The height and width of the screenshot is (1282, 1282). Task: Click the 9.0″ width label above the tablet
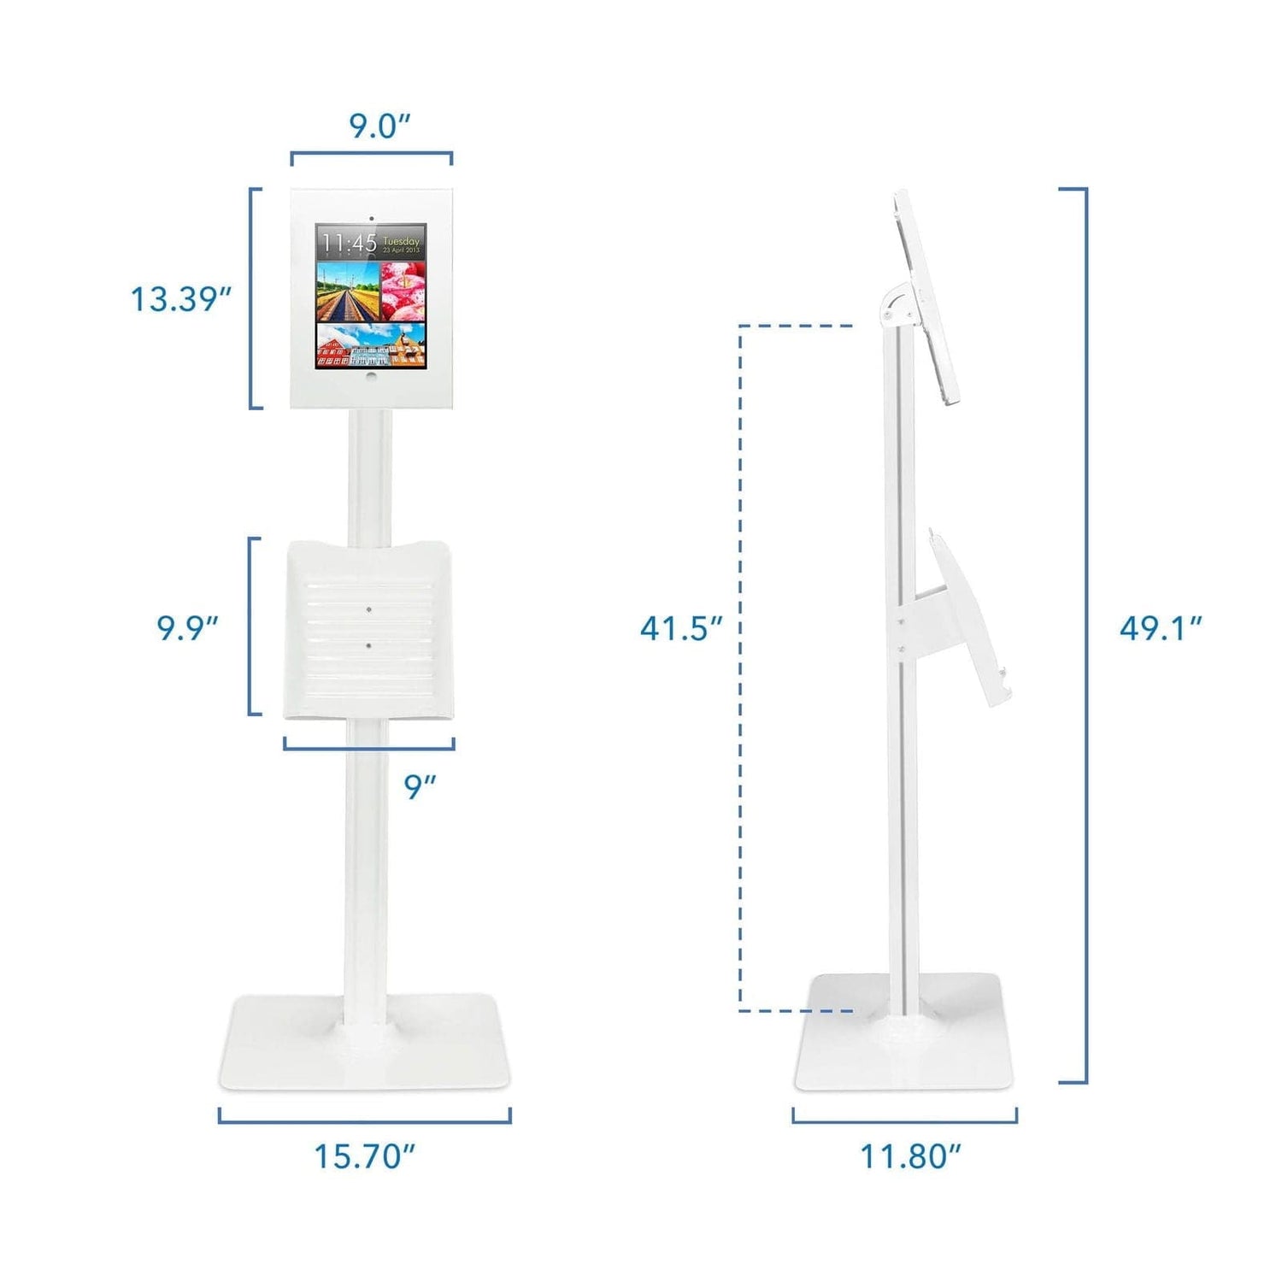coord(379,126)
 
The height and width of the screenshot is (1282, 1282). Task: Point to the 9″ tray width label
coord(420,787)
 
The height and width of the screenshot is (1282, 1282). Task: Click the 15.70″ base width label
coord(365,1156)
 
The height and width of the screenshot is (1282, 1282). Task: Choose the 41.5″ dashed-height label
coord(681,629)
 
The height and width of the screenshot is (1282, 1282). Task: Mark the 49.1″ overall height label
coord(1161,629)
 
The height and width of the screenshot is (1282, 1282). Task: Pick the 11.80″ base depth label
coord(910,1156)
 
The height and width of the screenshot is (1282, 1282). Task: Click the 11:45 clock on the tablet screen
coord(350,244)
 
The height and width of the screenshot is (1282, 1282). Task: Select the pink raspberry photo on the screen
coord(403,290)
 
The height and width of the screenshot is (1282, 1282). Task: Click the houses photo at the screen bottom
coord(371,345)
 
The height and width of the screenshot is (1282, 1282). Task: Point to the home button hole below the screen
coord(371,375)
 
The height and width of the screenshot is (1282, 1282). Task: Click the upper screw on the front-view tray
coord(368,610)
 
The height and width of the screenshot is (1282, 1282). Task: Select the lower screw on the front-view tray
coord(368,645)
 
